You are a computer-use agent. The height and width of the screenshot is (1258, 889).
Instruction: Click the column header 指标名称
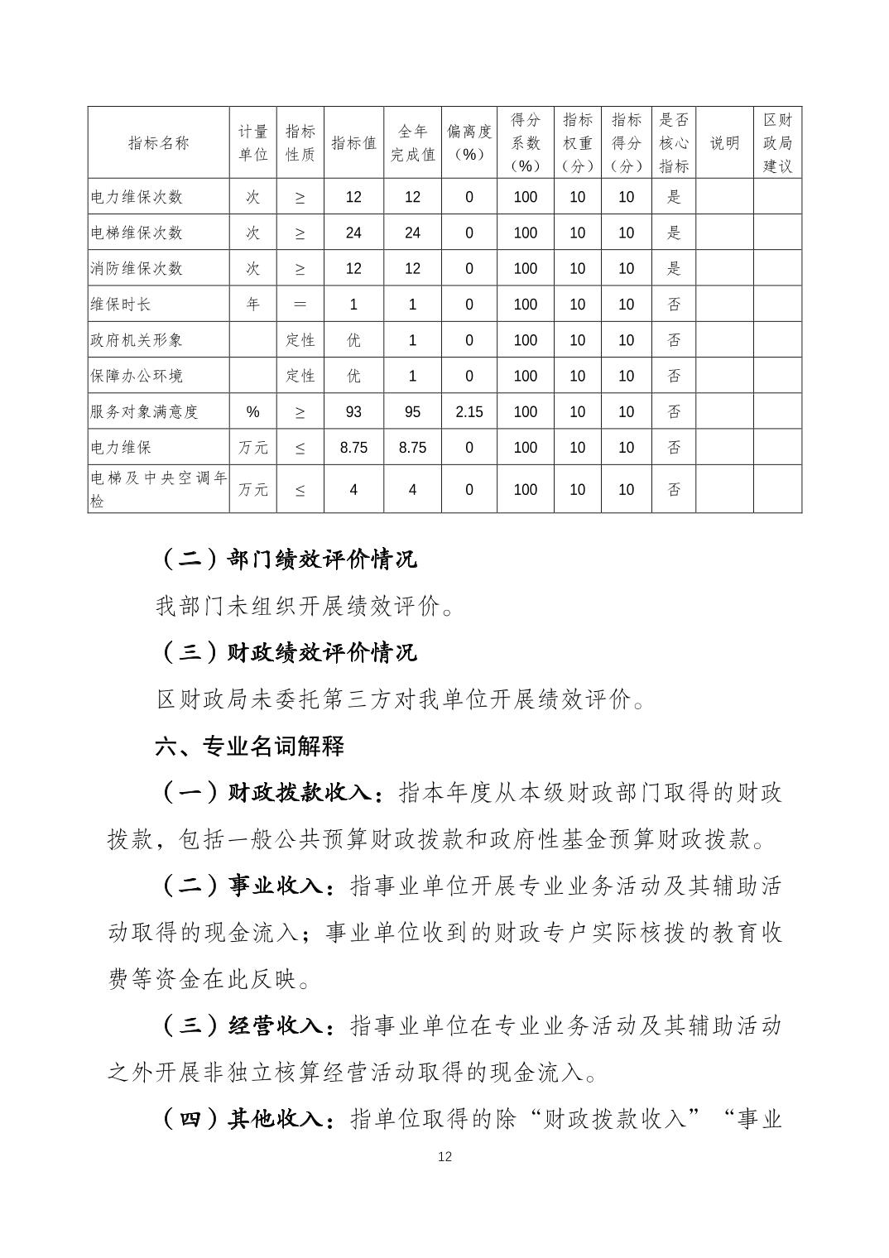[x=158, y=143]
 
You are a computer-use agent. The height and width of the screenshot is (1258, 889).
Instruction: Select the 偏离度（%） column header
[x=469, y=143]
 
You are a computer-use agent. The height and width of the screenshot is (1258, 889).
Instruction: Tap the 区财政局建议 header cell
[x=777, y=143]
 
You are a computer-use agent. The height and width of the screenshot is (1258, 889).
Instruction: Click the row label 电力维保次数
[x=137, y=197]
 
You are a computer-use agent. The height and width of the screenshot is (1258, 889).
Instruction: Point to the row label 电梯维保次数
[x=137, y=233]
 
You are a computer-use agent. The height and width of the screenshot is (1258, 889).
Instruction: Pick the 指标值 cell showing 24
[x=353, y=233]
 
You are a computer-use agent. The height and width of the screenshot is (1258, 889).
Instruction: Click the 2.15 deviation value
[x=469, y=411]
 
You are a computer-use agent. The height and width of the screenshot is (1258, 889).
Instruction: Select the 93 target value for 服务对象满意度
[x=353, y=411]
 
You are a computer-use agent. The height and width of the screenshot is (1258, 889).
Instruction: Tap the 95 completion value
[x=412, y=411]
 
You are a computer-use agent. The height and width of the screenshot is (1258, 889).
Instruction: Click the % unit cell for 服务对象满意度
[x=252, y=411]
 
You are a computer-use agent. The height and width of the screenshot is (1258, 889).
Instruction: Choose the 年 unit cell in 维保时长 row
[x=252, y=305]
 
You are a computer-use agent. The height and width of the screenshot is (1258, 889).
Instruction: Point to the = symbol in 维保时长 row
[x=300, y=305]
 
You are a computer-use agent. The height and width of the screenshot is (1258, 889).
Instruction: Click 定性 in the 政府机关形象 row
[x=300, y=340]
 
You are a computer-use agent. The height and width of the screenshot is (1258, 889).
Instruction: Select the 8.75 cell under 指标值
[x=353, y=448]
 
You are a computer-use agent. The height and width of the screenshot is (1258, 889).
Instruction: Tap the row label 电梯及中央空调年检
[x=158, y=489]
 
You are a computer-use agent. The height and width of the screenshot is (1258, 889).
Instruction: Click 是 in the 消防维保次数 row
[x=674, y=268]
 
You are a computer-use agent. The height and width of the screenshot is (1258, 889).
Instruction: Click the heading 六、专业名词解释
[x=250, y=747]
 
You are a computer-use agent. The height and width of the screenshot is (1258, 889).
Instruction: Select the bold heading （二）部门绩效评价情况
[x=286, y=559]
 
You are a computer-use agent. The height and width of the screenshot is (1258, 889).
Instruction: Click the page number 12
[x=444, y=1157]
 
